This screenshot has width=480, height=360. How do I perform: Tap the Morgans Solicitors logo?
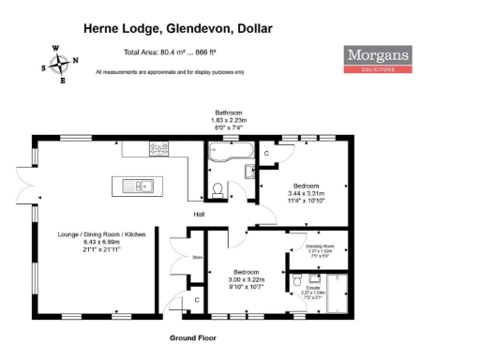click(x=379, y=59)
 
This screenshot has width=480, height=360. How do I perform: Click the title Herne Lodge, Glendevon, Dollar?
click(x=179, y=29)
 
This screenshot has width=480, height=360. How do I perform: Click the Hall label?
click(x=200, y=215)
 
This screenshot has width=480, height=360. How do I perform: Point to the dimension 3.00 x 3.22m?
click(x=247, y=279)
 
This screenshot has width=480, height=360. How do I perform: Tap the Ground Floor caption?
click(x=193, y=337)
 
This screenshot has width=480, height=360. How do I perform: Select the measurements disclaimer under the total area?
click(x=170, y=71)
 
